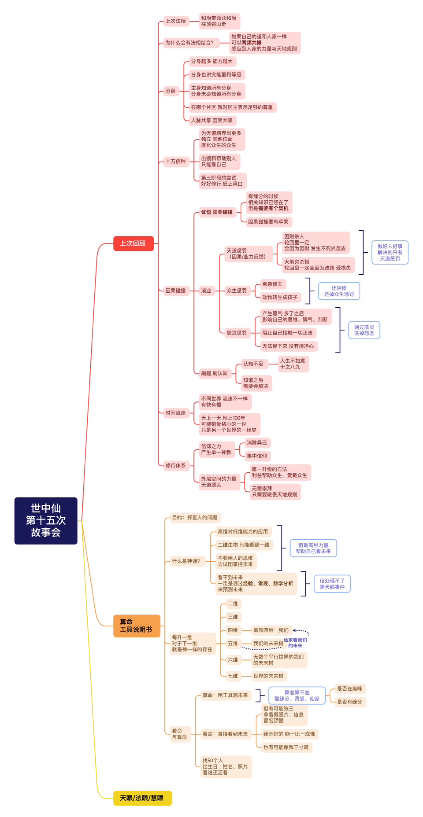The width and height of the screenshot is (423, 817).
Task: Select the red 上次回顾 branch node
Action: pos(133,243)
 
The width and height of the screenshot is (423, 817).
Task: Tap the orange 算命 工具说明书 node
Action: pos(137,625)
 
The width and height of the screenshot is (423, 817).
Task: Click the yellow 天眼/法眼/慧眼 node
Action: pos(142,798)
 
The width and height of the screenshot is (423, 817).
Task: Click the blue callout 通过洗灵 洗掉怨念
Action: pos(364,330)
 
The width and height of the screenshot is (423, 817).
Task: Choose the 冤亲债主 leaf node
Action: pos(272,284)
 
